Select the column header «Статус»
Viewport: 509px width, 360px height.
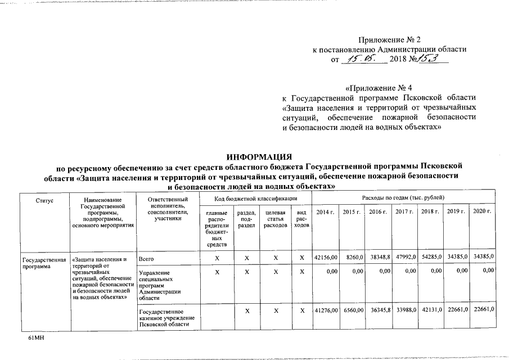pos(44,200)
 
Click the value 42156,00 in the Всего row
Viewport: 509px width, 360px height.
pos(326,257)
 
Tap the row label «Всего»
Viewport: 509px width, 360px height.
pos(146,258)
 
